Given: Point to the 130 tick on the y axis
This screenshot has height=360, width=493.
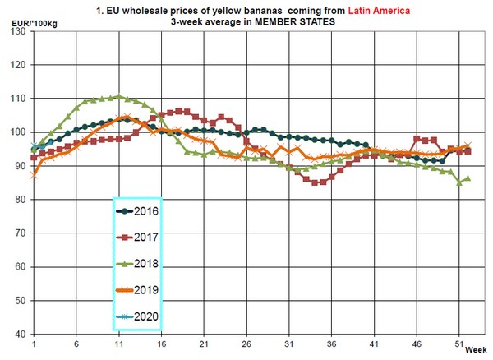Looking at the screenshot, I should tap(18, 31).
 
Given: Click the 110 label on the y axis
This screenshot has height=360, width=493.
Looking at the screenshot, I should tap(18, 99).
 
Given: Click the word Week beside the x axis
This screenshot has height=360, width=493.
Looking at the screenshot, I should tap(477, 350).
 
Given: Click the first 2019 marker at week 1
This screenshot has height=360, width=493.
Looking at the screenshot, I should tap(34, 175).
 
